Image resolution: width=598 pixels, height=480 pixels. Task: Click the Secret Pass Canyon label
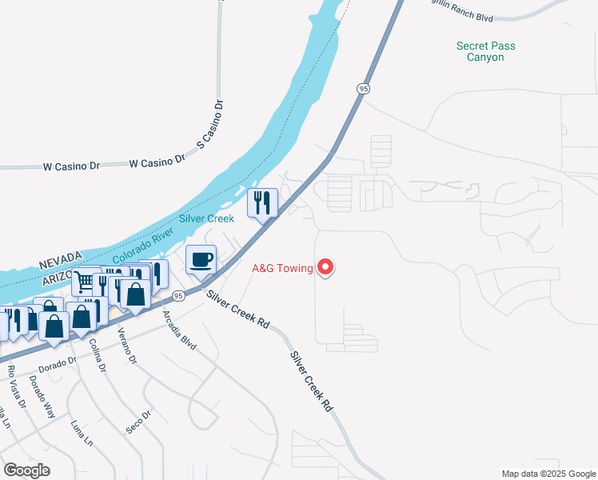coord(485,52)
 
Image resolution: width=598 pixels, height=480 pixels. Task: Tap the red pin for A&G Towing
coord(325,267)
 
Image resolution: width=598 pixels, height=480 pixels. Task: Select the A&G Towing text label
coord(282,268)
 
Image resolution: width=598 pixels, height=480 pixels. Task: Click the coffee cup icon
coord(201,259)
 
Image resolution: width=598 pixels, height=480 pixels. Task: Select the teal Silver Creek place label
coord(206,218)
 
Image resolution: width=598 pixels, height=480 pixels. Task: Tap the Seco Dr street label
coord(138,423)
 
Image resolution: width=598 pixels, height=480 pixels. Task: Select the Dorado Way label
coord(42,399)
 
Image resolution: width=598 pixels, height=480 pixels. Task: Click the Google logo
coord(26,470)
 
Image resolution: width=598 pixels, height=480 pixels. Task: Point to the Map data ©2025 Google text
coord(548,474)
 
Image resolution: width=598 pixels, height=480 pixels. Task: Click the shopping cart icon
coord(84,282)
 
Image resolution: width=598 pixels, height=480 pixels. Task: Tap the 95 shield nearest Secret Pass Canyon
coord(364,89)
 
